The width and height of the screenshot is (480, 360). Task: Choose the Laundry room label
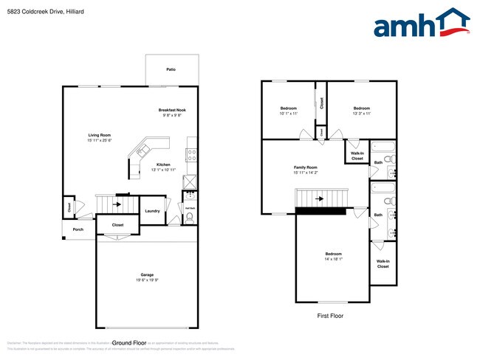tap(153, 211)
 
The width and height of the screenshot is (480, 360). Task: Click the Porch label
tap(78, 229)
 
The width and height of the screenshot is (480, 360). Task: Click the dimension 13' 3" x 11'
tap(361, 114)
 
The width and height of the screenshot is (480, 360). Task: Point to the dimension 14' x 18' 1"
tap(333, 259)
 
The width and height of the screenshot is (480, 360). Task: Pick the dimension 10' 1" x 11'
tap(288, 114)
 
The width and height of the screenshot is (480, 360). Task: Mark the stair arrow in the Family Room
tap(319, 198)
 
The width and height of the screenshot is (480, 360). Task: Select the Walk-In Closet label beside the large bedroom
tap(383, 263)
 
